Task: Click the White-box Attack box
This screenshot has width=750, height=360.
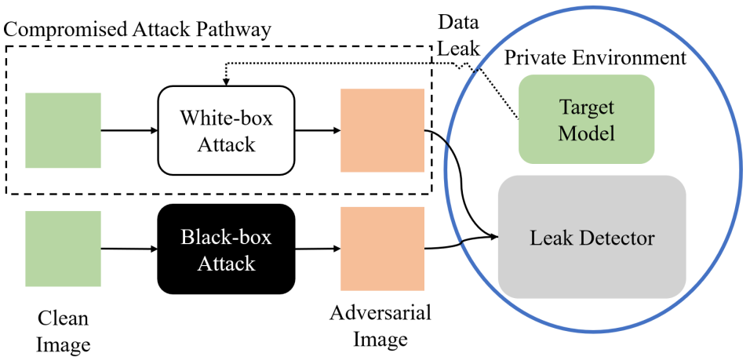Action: [x=226, y=130]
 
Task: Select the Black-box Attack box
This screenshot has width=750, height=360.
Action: [x=226, y=249]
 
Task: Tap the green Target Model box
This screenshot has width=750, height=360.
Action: [x=586, y=119]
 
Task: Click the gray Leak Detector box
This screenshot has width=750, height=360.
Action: [x=592, y=237]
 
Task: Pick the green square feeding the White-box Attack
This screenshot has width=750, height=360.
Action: [x=63, y=130]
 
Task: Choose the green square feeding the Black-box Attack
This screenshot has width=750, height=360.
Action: [x=63, y=249]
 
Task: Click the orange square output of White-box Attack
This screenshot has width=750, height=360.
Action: [x=383, y=130]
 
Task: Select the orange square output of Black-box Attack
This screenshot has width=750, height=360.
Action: [x=383, y=249]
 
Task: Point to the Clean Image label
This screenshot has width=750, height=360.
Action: [x=63, y=331]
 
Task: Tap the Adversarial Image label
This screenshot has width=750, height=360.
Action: [x=380, y=326]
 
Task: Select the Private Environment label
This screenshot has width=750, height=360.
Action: [x=595, y=58]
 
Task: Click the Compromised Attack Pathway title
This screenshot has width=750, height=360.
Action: [x=137, y=31]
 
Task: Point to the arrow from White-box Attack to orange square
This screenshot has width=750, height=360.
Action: [x=318, y=130]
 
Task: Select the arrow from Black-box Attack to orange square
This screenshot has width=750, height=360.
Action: [x=318, y=249]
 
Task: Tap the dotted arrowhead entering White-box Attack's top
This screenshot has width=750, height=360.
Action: [x=226, y=82]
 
